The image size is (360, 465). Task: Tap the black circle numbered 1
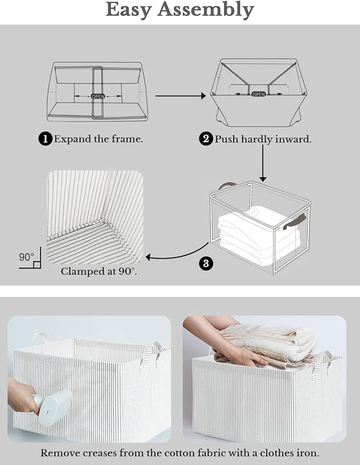tap(45, 139)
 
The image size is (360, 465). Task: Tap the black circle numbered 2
tap(206, 139)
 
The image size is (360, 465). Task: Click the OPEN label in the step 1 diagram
tap(98, 96)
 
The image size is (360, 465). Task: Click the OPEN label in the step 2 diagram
tap(259, 94)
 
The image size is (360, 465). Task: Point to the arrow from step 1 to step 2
tap(180, 96)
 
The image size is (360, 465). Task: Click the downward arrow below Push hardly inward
tap(263, 164)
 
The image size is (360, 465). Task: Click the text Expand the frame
tap(98, 139)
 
